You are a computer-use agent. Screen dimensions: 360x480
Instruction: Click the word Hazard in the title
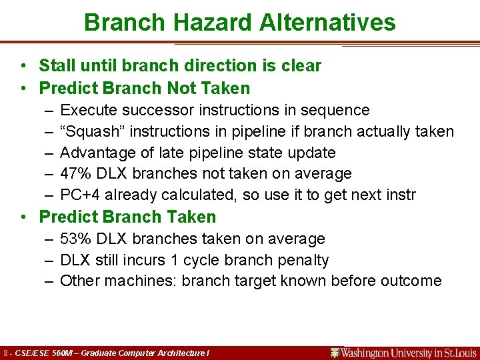tap(205, 23)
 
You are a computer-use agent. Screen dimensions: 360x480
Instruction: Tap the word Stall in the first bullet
tap(55, 66)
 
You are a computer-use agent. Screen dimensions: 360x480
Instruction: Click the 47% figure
tap(74, 174)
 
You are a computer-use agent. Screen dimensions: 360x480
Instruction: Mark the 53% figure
tap(74, 239)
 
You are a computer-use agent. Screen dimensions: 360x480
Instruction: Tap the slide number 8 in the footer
tap(6, 352)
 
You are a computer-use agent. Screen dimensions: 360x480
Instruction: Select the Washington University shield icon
tap(335, 352)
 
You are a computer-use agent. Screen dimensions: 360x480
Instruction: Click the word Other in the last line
tap(77, 281)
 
